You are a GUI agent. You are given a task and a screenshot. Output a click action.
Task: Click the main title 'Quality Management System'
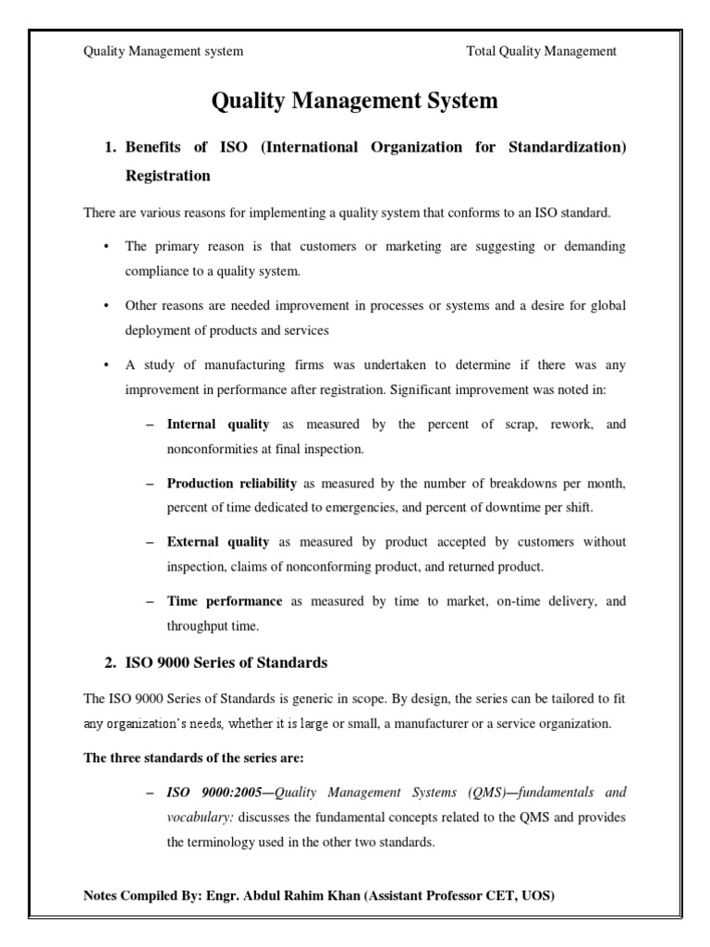click(x=355, y=101)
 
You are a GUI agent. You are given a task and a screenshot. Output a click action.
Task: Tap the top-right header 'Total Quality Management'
click(x=542, y=52)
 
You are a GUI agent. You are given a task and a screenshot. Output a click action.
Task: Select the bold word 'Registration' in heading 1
click(x=168, y=175)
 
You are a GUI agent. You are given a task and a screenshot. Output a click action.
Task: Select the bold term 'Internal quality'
click(x=218, y=424)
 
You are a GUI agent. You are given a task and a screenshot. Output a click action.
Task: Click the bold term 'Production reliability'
click(x=232, y=484)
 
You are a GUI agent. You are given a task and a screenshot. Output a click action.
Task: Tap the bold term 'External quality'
click(x=218, y=542)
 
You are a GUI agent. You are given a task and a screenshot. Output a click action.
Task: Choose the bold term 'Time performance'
click(x=225, y=601)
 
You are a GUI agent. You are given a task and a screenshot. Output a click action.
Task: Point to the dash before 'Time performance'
click(x=150, y=601)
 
